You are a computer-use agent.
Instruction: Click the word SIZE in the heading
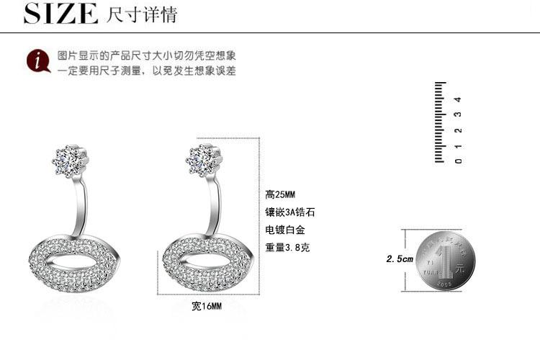click(x=60, y=13)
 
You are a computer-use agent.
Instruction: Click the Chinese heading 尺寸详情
click(x=141, y=14)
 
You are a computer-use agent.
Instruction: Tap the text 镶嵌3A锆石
click(x=290, y=212)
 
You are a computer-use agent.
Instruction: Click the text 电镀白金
click(x=285, y=230)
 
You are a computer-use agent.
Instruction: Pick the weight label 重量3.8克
click(x=288, y=248)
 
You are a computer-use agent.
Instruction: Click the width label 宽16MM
click(x=207, y=306)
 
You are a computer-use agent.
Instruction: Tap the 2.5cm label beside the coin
click(x=400, y=259)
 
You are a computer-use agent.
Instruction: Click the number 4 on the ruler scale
click(x=458, y=99)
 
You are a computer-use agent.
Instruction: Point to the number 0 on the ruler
click(x=458, y=160)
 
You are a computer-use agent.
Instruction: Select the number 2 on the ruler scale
click(x=458, y=130)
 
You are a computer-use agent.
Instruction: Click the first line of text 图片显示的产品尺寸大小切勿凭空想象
click(x=147, y=55)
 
